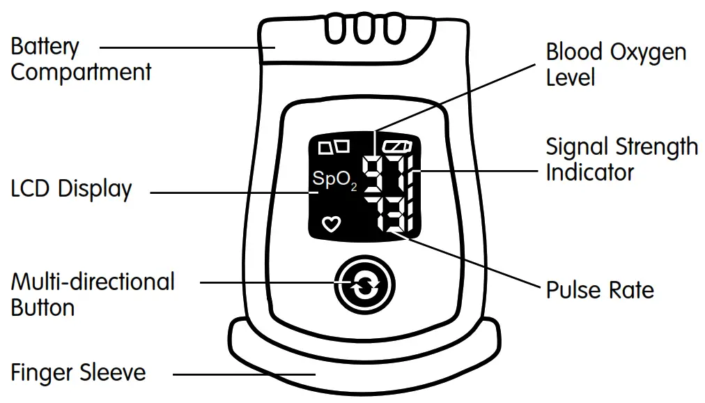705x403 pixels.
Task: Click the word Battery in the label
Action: tap(45, 47)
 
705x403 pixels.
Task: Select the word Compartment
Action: tap(81, 72)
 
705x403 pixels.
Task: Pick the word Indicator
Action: tap(589, 172)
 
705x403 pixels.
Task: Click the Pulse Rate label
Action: tap(599, 289)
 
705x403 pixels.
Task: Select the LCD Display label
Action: tap(71, 189)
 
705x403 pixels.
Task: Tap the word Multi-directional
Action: tap(93, 282)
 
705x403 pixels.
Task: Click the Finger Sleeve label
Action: tap(78, 372)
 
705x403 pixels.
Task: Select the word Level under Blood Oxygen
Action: tap(571, 77)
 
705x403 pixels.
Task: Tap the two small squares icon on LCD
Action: tap(333, 147)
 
